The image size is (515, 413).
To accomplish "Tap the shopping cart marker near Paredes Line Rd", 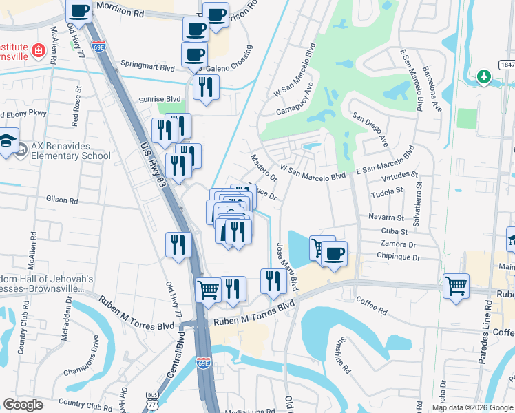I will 456,286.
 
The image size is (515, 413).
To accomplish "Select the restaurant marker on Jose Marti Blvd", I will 273,280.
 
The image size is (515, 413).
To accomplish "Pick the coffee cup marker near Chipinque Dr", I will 334,254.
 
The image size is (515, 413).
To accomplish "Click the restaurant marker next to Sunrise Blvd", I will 206,87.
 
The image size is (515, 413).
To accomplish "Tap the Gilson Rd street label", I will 62,200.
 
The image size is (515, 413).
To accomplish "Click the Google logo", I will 23,405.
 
